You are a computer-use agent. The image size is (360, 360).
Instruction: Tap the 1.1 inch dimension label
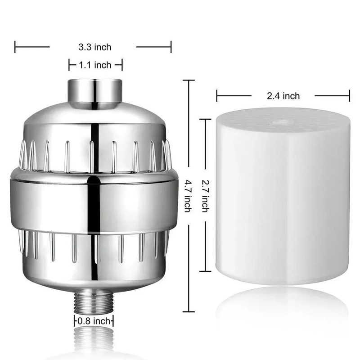(x=95, y=65)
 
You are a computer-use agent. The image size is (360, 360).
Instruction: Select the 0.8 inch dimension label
(x=94, y=321)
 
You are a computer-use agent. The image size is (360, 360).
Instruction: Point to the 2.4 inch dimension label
(x=283, y=95)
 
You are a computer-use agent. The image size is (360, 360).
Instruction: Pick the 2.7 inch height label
(x=205, y=196)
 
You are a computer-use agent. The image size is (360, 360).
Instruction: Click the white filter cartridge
(x=283, y=198)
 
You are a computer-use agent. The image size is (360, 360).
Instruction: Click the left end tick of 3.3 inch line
(x=15, y=46)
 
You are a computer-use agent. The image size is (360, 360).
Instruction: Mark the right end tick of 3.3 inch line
(x=171, y=46)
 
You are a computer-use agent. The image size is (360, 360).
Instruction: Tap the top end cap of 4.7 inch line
(x=188, y=80)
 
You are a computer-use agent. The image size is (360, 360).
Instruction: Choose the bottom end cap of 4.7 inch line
(x=188, y=311)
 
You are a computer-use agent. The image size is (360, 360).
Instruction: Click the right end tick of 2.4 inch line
(x=349, y=95)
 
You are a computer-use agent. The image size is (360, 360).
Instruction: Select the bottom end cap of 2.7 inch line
(x=205, y=271)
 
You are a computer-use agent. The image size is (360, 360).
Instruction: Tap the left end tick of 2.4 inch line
(x=217, y=95)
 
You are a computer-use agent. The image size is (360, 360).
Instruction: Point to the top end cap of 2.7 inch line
(x=205, y=120)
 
